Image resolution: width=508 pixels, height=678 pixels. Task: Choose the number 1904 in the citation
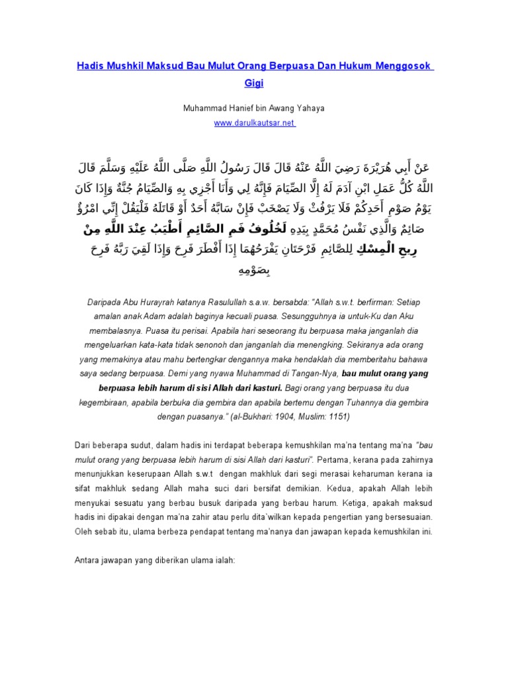click(294, 417)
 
